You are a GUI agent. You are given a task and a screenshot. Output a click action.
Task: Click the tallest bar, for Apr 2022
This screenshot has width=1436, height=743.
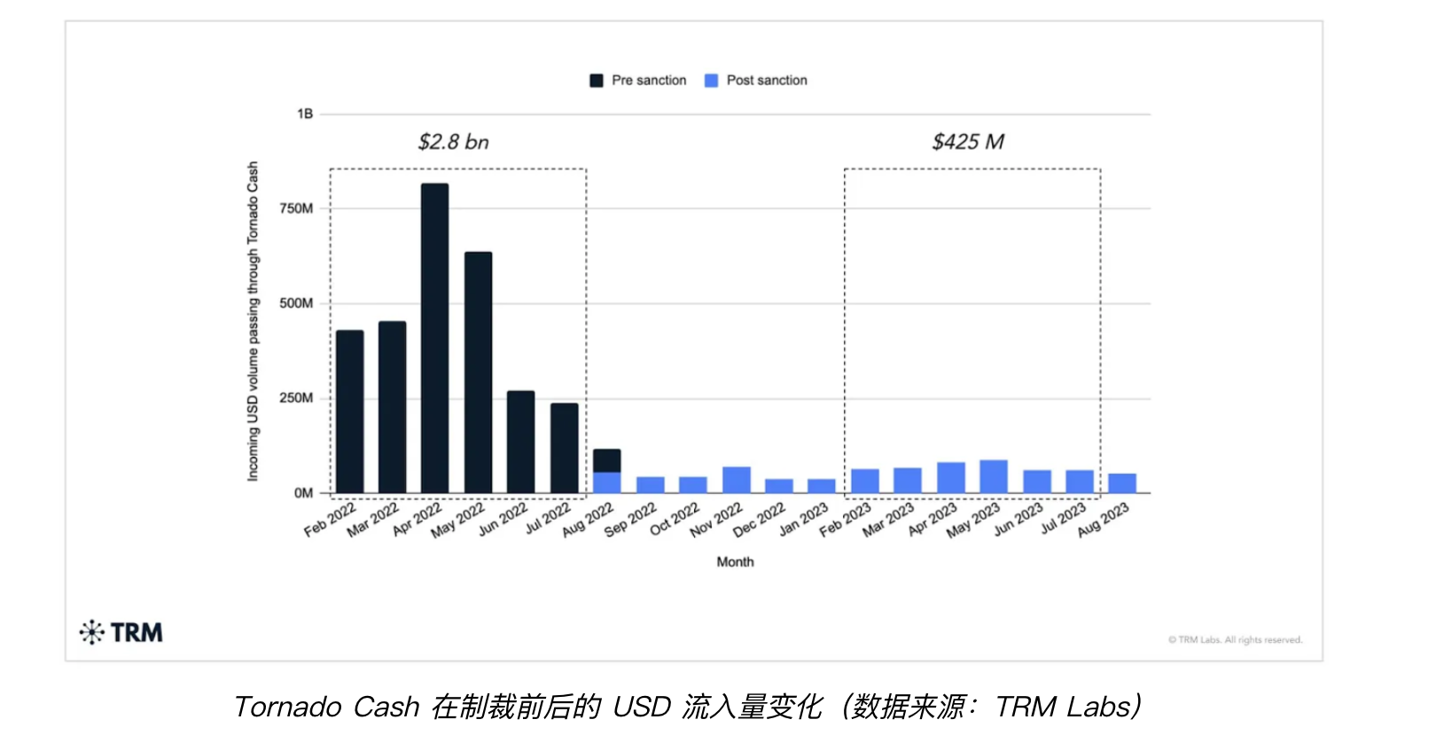click(x=434, y=337)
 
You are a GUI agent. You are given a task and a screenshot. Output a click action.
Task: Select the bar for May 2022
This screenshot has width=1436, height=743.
click(x=478, y=372)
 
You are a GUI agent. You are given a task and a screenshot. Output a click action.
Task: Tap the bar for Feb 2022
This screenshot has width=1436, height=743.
click(x=349, y=411)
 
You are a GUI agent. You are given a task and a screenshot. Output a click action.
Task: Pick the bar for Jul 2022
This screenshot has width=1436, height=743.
click(x=564, y=448)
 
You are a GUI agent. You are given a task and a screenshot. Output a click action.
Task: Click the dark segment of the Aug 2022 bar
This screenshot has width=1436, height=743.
click(x=606, y=460)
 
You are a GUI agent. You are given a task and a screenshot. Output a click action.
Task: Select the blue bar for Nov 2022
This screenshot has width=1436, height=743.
click(x=736, y=480)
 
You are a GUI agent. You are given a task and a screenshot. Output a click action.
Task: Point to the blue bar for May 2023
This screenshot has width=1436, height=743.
click(x=993, y=476)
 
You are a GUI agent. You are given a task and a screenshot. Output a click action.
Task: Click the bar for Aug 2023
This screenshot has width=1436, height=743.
click(x=1121, y=483)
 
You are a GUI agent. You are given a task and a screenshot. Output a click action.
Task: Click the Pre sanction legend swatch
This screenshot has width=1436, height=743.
click(x=597, y=81)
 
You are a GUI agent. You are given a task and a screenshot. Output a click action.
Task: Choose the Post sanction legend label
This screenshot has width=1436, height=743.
click(x=767, y=81)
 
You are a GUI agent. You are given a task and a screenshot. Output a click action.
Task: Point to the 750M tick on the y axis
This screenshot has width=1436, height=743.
click(x=296, y=208)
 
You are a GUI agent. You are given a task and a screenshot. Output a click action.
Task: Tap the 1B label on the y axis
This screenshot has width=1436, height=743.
click(x=305, y=113)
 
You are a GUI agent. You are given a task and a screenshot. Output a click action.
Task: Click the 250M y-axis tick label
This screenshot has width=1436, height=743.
click(x=296, y=398)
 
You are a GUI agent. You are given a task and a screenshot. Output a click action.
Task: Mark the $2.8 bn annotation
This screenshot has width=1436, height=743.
click(x=453, y=142)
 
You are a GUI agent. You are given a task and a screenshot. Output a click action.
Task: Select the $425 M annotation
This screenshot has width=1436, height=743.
click(x=968, y=142)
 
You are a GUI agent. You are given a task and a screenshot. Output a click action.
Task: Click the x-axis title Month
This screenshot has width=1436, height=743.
click(x=735, y=562)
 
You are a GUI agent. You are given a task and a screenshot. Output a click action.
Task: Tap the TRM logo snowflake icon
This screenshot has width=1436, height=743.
click(x=91, y=632)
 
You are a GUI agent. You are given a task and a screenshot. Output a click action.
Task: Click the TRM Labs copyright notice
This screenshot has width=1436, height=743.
click(x=1235, y=640)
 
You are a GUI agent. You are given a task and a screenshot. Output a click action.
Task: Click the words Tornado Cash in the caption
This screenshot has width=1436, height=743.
click(x=326, y=707)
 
